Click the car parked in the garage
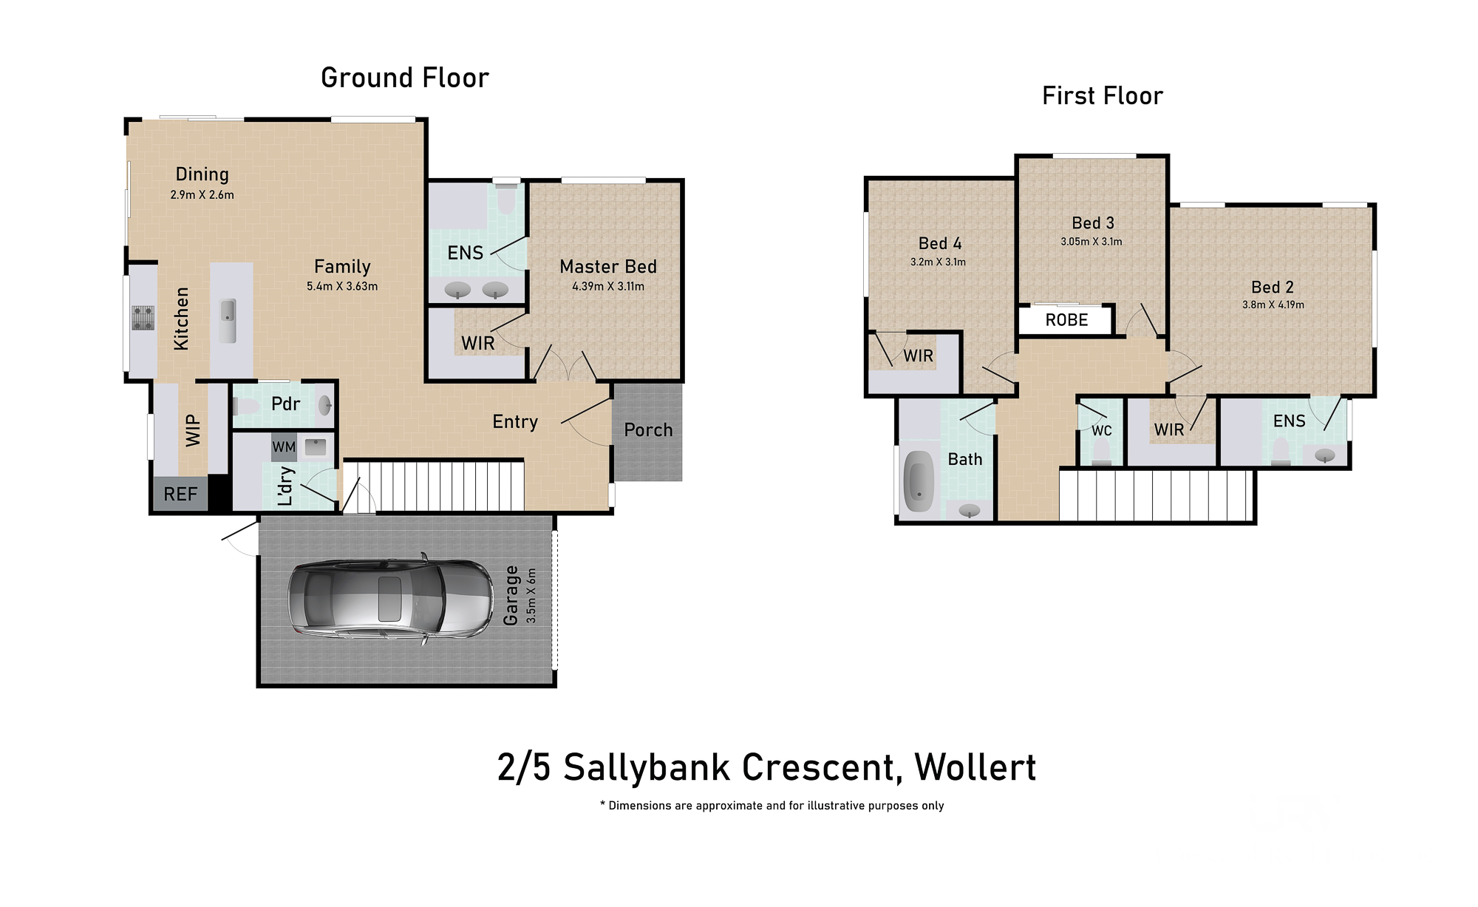(390, 598)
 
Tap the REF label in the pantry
(180, 494)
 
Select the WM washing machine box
(284, 447)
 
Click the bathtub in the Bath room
(919, 481)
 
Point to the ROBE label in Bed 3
(1066, 320)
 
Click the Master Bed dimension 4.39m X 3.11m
(608, 286)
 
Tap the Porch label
(648, 430)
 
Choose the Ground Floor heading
(405, 78)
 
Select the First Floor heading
(1103, 95)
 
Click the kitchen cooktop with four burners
(143, 318)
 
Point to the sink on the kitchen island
(228, 320)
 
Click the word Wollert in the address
(975, 767)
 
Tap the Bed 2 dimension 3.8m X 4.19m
(1273, 305)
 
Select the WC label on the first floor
(1101, 430)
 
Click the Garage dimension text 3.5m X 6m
(531, 596)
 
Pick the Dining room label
(202, 174)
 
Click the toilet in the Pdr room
(245, 406)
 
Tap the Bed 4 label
(940, 243)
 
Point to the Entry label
(515, 422)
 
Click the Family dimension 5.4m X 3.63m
(342, 286)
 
